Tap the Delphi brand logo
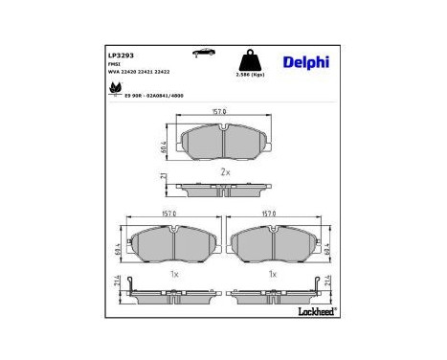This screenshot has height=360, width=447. tap(306, 62)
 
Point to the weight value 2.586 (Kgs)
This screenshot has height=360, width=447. tap(252, 74)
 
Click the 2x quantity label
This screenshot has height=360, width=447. tap(224, 172)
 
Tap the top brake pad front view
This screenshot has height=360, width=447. tap(223, 142)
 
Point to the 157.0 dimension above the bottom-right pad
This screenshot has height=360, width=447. tap(269, 214)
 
